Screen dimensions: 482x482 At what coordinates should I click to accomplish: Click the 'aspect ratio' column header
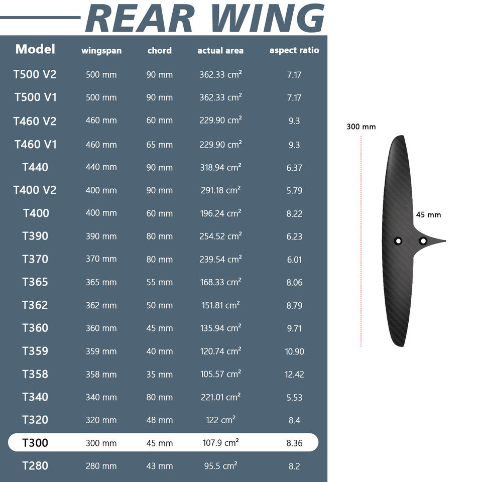coord(294,50)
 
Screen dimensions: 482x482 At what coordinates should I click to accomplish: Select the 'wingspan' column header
coord(101,51)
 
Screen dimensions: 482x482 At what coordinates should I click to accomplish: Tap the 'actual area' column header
coord(220,51)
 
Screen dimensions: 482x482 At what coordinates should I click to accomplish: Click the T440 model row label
coord(35,167)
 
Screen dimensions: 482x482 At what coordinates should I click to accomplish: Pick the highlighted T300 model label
coord(35,443)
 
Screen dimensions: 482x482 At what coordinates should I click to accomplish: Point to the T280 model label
coord(35,466)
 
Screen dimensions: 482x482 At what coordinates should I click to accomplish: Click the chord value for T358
coord(159,375)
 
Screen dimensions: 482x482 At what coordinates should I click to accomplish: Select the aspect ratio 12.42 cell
coord(294,375)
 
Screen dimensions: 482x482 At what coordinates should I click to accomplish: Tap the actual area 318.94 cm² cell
coord(221,167)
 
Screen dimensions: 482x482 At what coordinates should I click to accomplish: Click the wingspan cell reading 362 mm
coord(101,306)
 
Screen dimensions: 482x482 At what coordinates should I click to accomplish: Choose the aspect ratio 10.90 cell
coord(294,351)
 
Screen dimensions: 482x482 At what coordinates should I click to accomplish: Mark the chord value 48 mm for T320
coord(159,420)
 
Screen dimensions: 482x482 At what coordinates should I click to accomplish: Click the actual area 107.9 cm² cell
coord(221,443)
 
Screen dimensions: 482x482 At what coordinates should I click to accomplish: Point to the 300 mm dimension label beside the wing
coord(361,127)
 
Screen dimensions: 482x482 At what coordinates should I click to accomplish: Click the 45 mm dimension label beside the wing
coord(428,215)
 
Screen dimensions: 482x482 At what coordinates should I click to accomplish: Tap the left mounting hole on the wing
coord(398,240)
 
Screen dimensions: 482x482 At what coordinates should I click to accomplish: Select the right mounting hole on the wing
coord(423,240)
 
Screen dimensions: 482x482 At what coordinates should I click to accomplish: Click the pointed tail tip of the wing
coord(445,241)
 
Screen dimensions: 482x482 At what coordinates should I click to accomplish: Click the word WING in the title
coord(268,18)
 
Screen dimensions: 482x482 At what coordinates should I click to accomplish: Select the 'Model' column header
coord(35,49)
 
